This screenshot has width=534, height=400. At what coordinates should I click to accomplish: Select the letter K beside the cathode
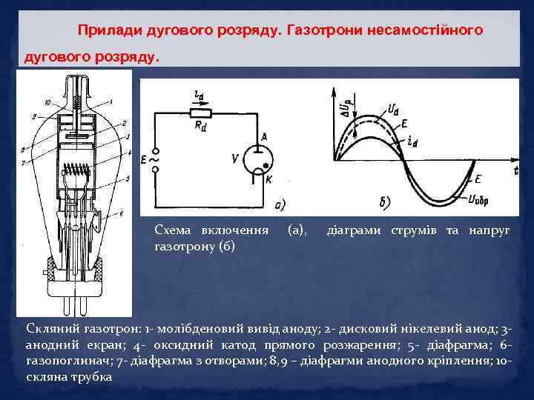[269, 179]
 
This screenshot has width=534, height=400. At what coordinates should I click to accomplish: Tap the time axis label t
[514, 170]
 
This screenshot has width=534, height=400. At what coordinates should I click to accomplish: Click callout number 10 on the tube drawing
[47, 101]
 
